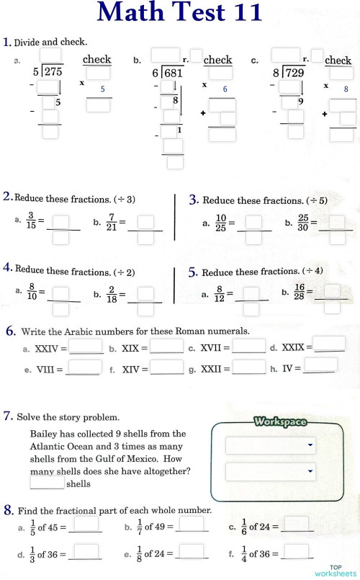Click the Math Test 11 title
tap(179, 13)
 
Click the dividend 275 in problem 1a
tap(53, 72)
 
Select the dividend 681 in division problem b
tap(172, 73)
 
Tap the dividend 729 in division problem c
tap(293, 73)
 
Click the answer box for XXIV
tap(86, 347)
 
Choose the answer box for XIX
tap(166, 347)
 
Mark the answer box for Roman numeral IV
tap(320, 365)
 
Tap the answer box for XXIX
tap(329, 344)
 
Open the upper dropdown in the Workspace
tap(271, 446)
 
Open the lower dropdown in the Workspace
tap(271, 472)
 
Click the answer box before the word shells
tap(47, 483)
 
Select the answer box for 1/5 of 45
tap(86, 524)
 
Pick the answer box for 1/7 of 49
tap(192, 524)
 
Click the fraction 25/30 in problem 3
tap(303, 222)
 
